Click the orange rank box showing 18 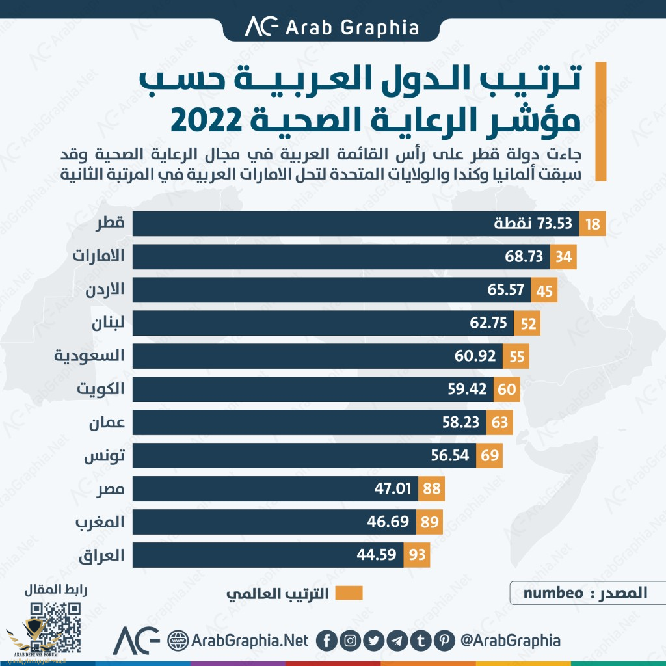(593, 224)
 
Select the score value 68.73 (524, 257)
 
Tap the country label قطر (110, 224)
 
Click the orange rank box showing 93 (416, 555)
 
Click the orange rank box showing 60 (506, 390)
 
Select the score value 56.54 (449, 455)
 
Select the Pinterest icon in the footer (445, 641)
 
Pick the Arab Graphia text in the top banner (351, 27)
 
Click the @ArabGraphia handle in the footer (510, 641)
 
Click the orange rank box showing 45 (544, 290)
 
